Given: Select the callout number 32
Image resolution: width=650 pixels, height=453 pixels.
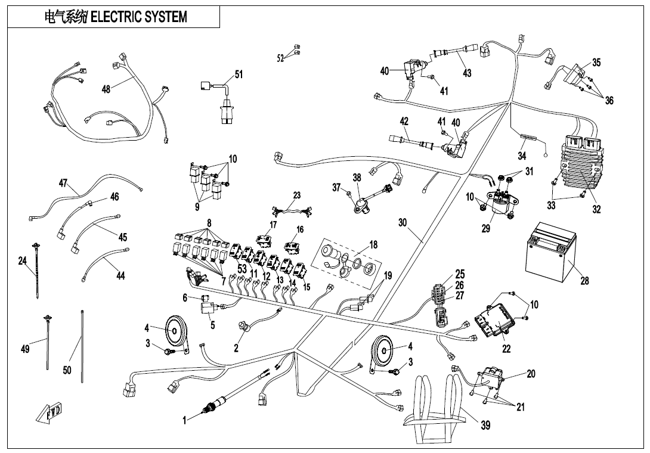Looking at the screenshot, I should [x=596, y=209].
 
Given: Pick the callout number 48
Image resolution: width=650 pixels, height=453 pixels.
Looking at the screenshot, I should [x=106, y=89].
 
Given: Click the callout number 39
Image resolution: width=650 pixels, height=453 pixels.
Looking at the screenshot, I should [x=486, y=426].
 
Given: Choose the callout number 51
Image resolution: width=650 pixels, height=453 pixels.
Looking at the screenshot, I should [x=239, y=75].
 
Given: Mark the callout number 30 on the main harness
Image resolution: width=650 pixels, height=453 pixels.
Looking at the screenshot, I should [x=403, y=223].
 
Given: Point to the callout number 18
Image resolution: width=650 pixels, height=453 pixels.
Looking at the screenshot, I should [x=373, y=244].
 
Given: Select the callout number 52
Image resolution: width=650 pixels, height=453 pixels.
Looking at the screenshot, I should [x=280, y=58].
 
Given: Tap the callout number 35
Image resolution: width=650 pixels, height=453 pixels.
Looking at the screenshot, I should [x=596, y=63].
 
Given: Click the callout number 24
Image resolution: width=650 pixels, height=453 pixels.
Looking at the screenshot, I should [x=22, y=260].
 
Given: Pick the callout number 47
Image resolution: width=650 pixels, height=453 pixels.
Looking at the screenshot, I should [x=63, y=183].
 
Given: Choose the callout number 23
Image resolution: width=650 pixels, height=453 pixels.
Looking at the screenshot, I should [x=297, y=196].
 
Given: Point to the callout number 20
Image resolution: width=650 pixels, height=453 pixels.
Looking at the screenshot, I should [x=531, y=374].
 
